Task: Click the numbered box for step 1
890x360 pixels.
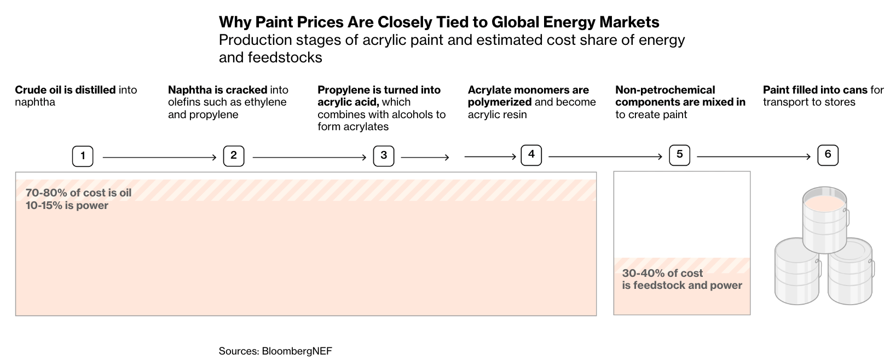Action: coord(83,156)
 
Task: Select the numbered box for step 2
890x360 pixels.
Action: coord(234,156)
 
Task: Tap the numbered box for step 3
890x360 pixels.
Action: coord(384,156)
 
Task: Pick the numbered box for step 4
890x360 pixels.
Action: coord(531,155)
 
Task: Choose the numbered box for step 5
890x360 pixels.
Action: coord(679,155)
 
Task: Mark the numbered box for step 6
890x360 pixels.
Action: coord(828,155)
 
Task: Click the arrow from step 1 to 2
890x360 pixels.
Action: coord(159,158)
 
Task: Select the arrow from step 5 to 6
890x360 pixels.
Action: coord(753,157)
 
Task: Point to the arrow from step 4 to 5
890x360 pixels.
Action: coord(605,157)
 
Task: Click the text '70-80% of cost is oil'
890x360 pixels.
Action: coord(78,193)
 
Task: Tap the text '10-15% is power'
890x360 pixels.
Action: coord(67,206)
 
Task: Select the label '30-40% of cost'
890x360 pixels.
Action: coord(662,273)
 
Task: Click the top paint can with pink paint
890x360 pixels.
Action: coord(824,219)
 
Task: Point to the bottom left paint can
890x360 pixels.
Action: coord(796,274)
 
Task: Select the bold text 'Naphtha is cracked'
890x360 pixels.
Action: coord(217,90)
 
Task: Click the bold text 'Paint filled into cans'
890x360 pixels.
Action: coord(815,90)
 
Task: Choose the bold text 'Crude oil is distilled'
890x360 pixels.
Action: coord(65,90)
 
